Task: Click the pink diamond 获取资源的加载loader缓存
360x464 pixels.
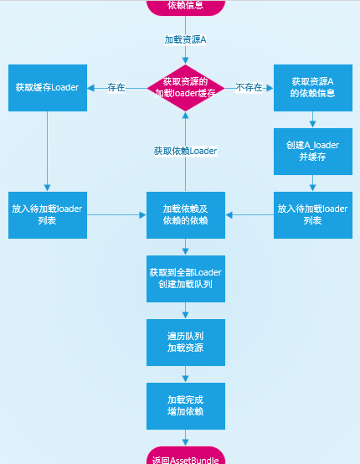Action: tap(186, 88)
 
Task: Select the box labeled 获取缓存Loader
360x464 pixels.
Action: tap(48, 88)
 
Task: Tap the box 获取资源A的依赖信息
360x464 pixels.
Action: tap(313, 88)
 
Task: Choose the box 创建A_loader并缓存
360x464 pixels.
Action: tap(313, 152)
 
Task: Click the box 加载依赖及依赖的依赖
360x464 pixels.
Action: tap(186, 215)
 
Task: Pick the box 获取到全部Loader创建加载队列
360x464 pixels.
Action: tap(186, 279)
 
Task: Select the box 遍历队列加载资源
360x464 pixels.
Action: tap(186, 343)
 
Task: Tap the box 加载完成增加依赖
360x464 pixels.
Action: tap(186, 406)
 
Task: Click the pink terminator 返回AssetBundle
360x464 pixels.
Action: tap(186, 456)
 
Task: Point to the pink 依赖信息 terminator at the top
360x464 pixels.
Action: tap(186, 8)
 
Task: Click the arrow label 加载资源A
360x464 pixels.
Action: tap(186, 39)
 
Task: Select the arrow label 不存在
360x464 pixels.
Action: tap(249, 88)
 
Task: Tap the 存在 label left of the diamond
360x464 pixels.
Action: tap(116, 88)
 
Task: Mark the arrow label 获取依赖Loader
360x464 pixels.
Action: tap(186, 152)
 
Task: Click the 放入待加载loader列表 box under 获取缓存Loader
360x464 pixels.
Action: tap(48, 215)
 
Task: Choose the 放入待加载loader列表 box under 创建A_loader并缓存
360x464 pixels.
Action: tap(313, 215)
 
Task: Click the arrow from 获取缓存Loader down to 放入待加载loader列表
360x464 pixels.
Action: tap(48, 152)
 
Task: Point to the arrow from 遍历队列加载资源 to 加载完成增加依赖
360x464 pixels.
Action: tap(186, 374)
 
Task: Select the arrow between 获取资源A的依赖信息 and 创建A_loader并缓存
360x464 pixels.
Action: tap(312, 120)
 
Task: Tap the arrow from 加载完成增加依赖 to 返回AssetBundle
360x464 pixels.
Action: tap(186, 438)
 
